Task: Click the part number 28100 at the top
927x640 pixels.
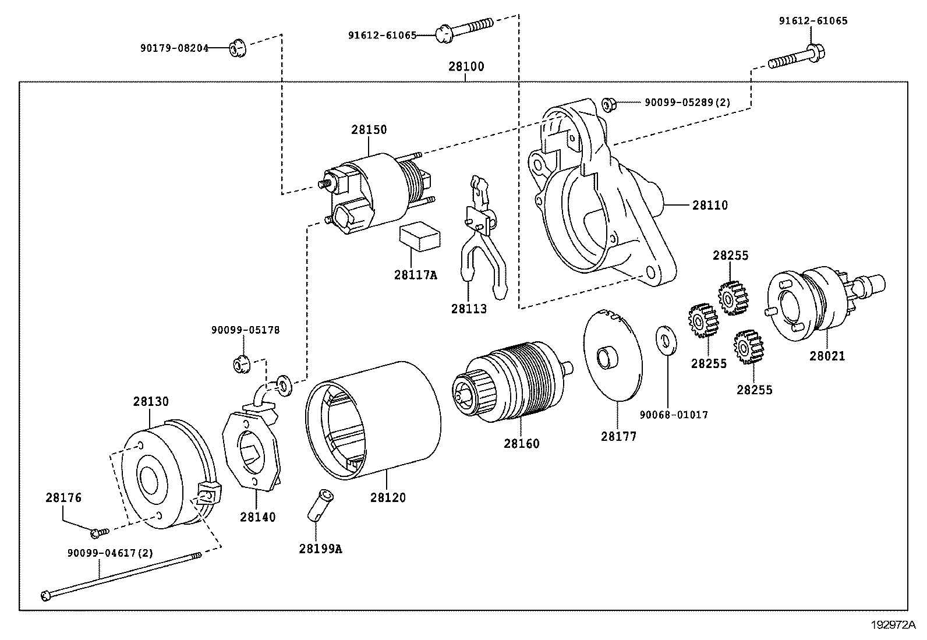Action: point(466,67)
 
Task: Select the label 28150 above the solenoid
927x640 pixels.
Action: point(369,130)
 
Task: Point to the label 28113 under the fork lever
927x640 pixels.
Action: point(469,309)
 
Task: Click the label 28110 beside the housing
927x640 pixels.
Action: point(710,206)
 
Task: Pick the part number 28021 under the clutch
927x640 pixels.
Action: point(827,356)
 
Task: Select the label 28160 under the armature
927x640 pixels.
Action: point(522,444)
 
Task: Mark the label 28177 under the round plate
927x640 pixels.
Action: point(619,436)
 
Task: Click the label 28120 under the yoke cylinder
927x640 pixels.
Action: point(388,498)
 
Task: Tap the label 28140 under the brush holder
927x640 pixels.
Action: point(257,517)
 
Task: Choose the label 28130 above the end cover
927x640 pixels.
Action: point(151,402)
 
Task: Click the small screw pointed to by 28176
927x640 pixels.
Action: point(98,532)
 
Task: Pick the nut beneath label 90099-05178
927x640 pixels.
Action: point(241,365)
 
